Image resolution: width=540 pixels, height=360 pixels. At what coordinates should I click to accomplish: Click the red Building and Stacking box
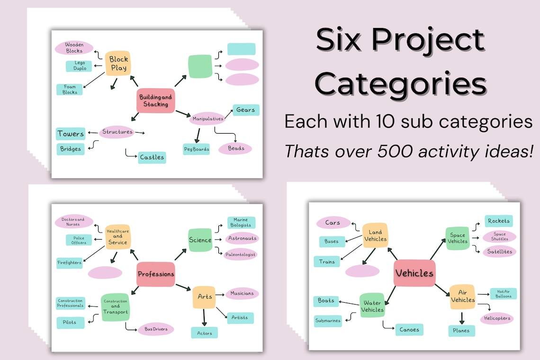coord(156,100)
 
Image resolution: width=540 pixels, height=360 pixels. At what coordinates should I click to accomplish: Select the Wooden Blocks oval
coord(74,47)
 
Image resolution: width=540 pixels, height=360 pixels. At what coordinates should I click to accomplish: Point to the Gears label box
coord(245,110)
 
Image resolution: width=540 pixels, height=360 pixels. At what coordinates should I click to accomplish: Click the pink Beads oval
coord(235,148)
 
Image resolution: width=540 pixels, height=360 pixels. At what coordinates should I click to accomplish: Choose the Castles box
coord(152,157)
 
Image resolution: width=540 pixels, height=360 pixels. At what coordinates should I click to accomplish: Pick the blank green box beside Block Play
coord(200,66)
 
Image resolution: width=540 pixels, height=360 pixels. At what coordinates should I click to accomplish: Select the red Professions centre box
coord(156,274)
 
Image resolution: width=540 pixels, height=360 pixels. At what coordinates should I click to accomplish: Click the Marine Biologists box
coord(241,223)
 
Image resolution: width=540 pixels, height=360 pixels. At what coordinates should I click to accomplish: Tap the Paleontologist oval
coord(241,254)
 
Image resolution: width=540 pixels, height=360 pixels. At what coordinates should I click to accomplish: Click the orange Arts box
coord(204,297)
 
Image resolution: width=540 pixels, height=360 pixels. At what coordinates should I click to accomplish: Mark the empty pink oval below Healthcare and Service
coord(105,272)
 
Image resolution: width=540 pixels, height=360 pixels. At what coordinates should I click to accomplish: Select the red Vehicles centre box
coord(414,273)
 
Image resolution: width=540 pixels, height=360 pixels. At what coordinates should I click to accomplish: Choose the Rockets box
coord(498,221)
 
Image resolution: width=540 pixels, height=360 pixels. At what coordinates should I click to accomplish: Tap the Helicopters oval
coord(497,318)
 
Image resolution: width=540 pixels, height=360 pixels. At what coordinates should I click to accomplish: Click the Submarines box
coord(328,321)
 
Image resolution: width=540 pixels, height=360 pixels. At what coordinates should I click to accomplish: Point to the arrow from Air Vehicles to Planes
coord(461,318)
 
